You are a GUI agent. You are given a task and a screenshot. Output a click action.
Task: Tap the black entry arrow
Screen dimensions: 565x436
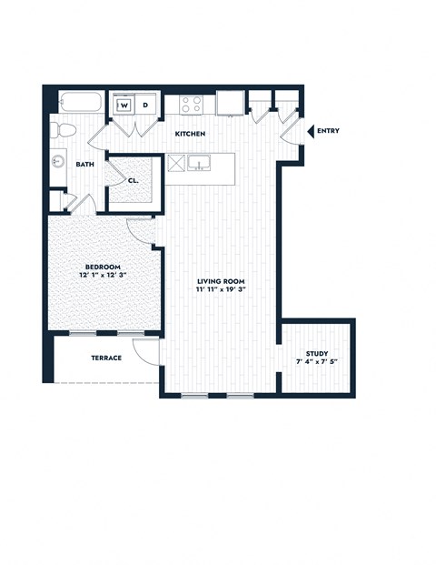(x=311, y=132)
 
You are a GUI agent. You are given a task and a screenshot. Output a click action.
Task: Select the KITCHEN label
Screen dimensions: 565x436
(x=190, y=134)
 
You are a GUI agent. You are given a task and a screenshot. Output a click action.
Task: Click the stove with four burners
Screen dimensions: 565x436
(x=191, y=104)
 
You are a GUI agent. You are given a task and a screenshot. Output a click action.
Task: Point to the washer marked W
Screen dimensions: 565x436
(x=124, y=106)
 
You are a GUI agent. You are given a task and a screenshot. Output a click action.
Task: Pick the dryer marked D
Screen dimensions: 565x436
(x=145, y=106)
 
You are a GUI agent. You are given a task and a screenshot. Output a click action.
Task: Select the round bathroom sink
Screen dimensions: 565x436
(x=57, y=163)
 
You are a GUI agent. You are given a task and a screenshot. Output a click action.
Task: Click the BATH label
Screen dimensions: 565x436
(x=84, y=165)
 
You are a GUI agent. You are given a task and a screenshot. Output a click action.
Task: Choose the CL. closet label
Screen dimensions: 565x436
(x=133, y=179)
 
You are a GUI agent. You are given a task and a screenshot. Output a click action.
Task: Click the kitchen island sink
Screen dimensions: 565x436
(x=203, y=164)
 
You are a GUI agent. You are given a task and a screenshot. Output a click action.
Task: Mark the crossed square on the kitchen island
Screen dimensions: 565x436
(x=176, y=164)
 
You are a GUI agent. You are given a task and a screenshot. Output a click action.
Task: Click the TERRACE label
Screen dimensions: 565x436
(x=106, y=358)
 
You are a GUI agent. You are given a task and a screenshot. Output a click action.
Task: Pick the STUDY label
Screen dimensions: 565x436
(x=317, y=354)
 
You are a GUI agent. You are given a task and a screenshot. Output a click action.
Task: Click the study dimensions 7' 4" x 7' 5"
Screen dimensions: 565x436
(x=317, y=363)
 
